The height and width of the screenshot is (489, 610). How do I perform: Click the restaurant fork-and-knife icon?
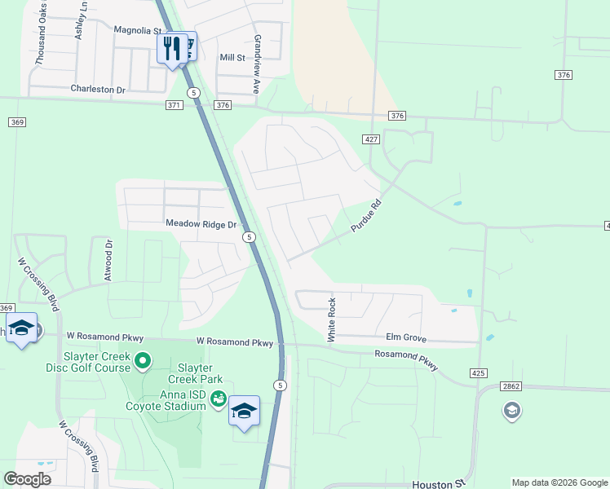(x=171, y=47)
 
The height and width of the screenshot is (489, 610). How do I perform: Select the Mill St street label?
(x=232, y=57)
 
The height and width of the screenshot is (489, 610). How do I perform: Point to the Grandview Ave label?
(x=256, y=64)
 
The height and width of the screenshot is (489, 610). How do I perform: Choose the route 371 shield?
(x=173, y=105)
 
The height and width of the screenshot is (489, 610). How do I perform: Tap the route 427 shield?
(x=372, y=139)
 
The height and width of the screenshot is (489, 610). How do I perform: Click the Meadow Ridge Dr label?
(x=201, y=223)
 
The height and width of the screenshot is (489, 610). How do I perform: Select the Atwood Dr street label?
(x=108, y=259)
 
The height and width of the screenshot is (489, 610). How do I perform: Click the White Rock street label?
(x=332, y=319)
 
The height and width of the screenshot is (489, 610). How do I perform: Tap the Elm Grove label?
(x=406, y=337)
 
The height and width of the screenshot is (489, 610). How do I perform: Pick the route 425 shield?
(x=480, y=372)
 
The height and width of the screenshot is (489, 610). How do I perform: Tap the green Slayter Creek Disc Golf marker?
(x=143, y=360)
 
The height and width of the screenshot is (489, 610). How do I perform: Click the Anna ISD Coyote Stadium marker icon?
(x=218, y=398)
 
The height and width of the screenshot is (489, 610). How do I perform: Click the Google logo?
(x=27, y=478)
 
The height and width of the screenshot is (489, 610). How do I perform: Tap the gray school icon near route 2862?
(x=511, y=411)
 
